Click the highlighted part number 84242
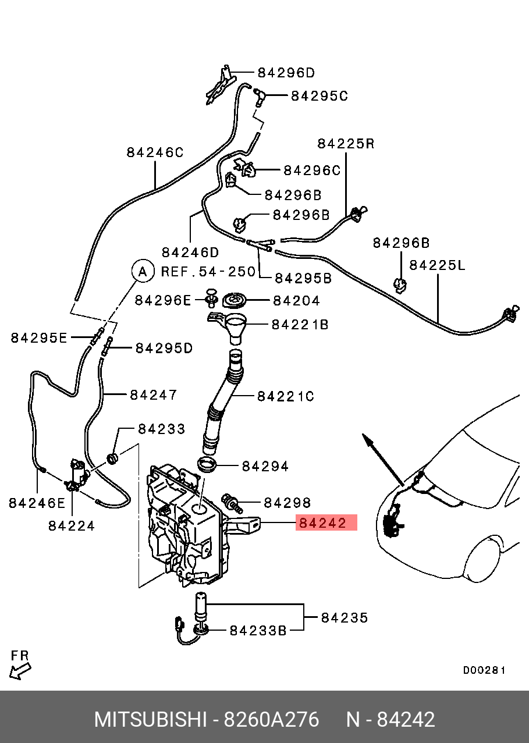[x=322, y=523]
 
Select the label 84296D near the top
[x=286, y=73]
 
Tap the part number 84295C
[x=319, y=95]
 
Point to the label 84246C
[x=155, y=152]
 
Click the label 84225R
[x=346, y=143]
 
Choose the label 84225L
[x=438, y=265]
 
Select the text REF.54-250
[x=208, y=271]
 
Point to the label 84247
[x=153, y=394]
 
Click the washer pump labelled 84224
[x=77, y=474]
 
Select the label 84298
[x=287, y=502]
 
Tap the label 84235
[x=345, y=617]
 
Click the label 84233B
[x=258, y=630]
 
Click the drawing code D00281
[x=484, y=670]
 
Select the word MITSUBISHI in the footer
[x=151, y=720]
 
